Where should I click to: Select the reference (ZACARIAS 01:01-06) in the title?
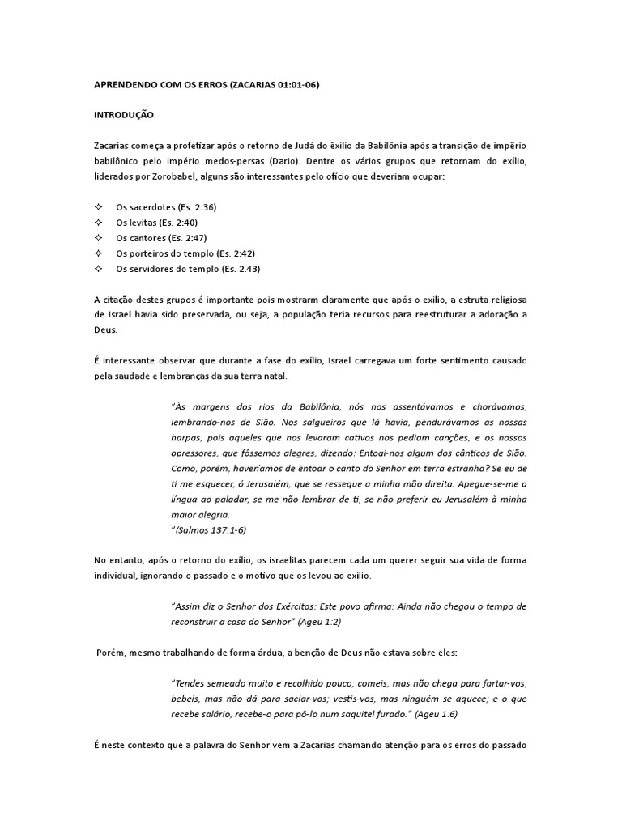pos(274,84)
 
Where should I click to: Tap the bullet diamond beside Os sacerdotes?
pos(98,207)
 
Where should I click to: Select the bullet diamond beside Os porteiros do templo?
pos(98,253)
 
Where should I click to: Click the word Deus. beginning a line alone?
pos(106,330)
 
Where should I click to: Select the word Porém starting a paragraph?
pos(110,652)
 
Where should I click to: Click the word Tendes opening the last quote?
pos(192,682)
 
